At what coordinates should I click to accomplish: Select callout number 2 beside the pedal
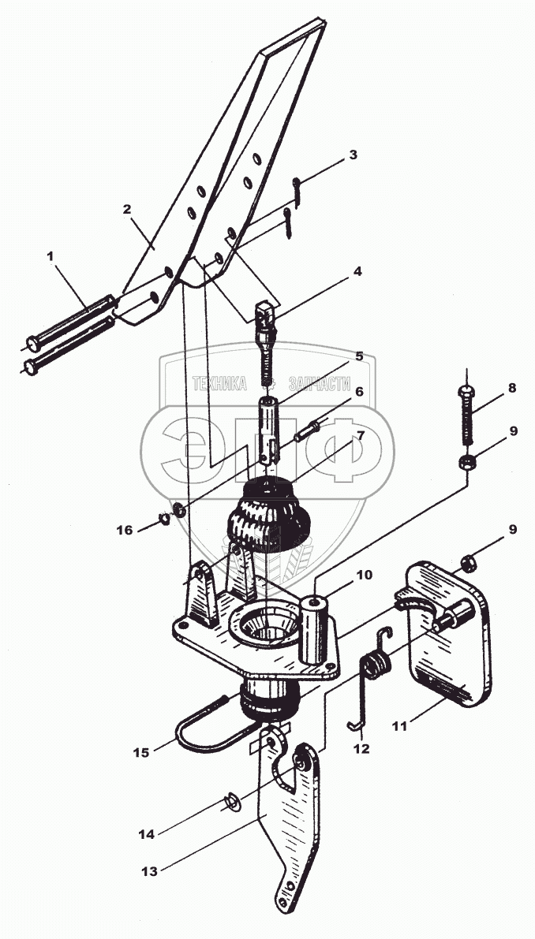point(126,210)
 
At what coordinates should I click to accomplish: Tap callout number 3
point(353,155)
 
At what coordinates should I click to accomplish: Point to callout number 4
point(357,272)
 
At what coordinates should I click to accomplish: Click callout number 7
point(360,435)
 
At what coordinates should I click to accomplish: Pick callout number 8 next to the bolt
point(512,388)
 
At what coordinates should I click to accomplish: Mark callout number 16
point(125,530)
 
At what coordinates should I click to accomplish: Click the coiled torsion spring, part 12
point(376,666)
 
